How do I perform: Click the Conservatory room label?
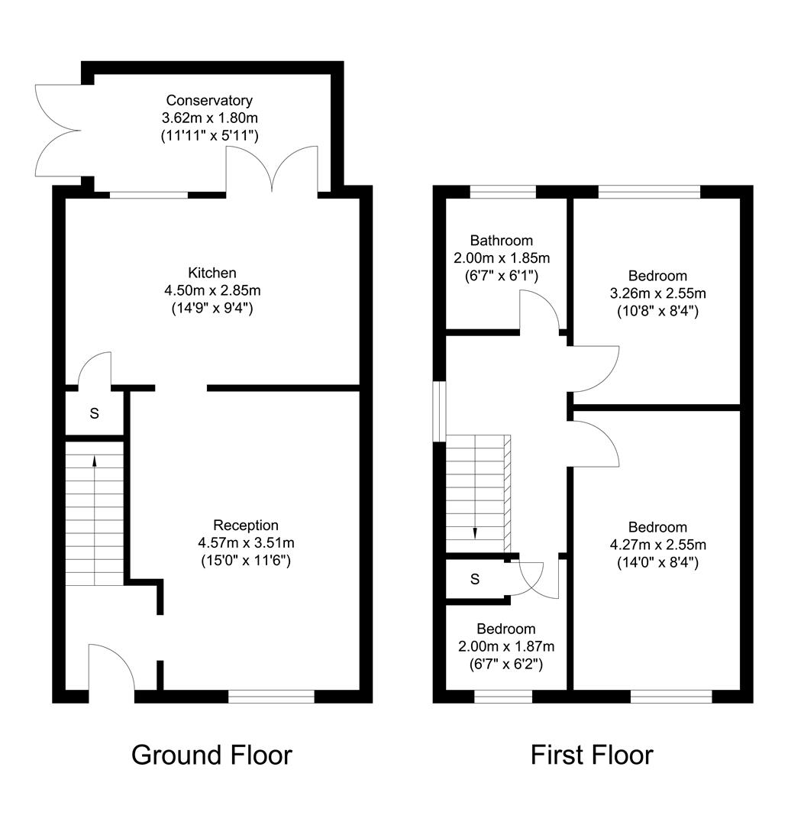click(x=209, y=101)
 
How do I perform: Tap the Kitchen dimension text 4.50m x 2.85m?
click(x=213, y=291)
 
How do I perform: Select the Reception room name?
click(x=246, y=526)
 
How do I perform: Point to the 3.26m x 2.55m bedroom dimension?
click(x=657, y=293)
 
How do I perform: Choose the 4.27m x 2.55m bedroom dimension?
click(x=657, y=545)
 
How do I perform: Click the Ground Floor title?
click(x=212, y=755)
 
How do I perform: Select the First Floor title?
click(x=592, y=755)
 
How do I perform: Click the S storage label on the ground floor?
click(x=95, y=414)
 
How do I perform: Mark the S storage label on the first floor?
click(x=475, y=580)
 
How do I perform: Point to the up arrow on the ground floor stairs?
click(x=95, y=461)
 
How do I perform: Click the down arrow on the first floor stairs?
click(x=475, y=532)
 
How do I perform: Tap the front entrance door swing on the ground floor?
click(x=111, y=667)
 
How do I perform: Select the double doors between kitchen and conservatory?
click(x=272, y=170)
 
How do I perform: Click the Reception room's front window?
click(x=271, y=696)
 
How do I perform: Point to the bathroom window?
click(x=502, y=192)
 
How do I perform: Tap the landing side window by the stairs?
click(x=439, y=411)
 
